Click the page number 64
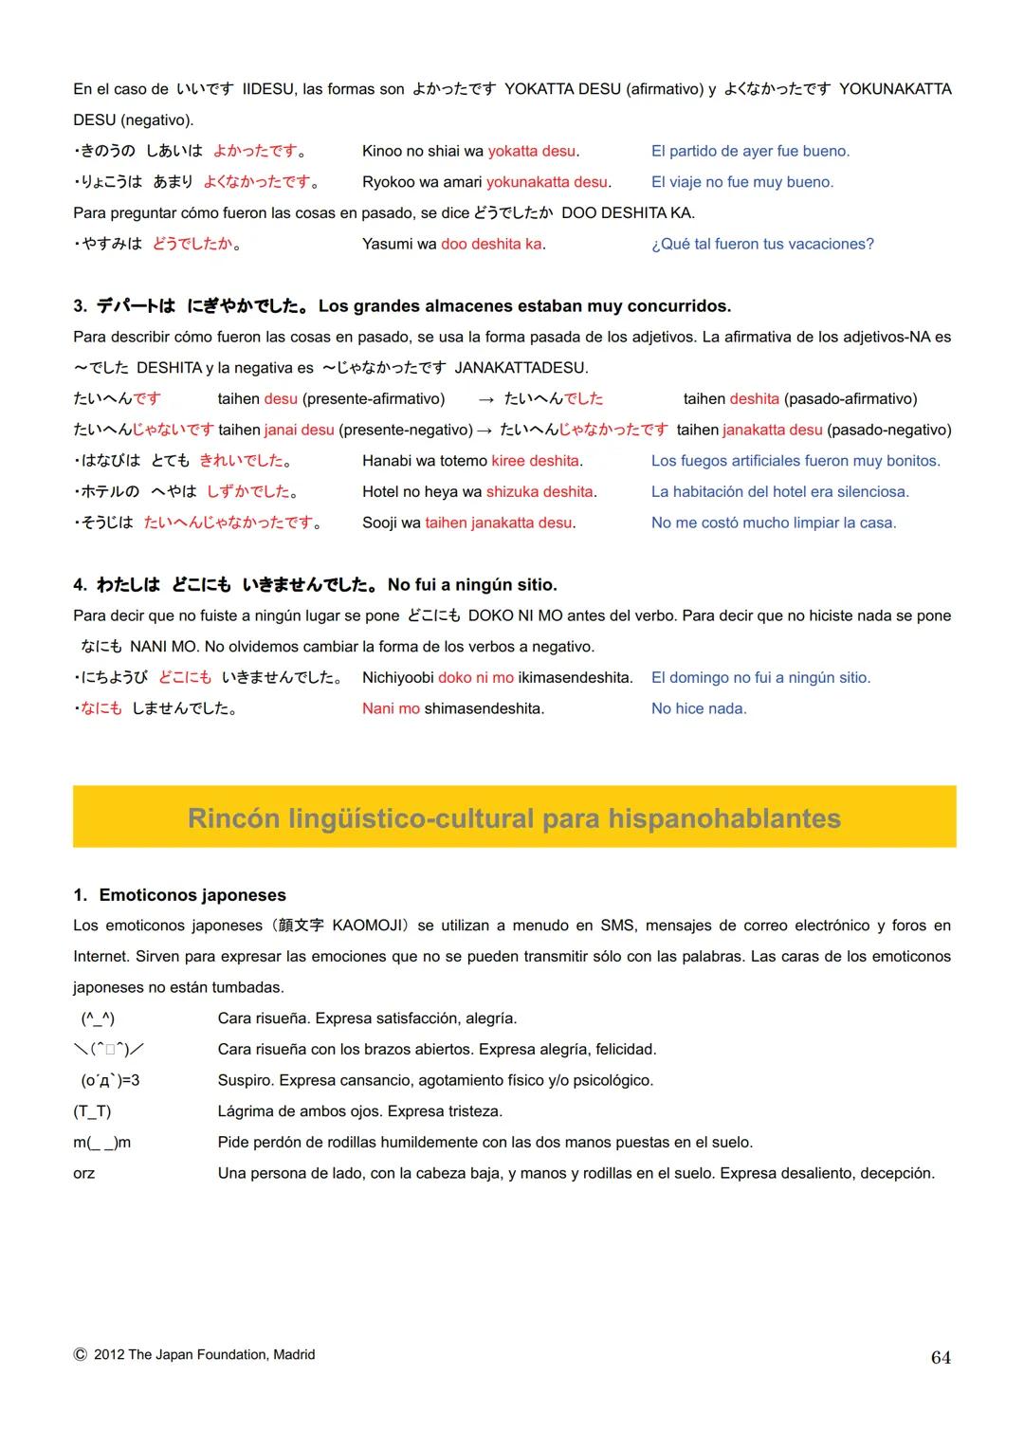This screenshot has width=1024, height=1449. pyautogui.click(x=941, y=1358)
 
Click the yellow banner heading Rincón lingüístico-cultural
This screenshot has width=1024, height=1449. pyautogui.click(x=514, y=818)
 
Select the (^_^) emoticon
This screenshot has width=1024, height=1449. pyautogui.click(x=98, y=1018)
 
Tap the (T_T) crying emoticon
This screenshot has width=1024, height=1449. pyautogui.click(x=92, y=1111)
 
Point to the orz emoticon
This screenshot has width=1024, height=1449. pyautogui.click(x=84, y=1173)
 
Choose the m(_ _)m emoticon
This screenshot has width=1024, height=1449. pyautogui.click(x=102, y=1143)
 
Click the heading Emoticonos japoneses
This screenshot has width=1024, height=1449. pyautogui.click(x=192, y=895)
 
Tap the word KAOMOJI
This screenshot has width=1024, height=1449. pyautogui.click(x=368, y=926)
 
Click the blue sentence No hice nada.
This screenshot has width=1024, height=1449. pyautogui.click(x=699, y=708)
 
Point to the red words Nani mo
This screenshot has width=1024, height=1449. pyautogui.click(x=391, y=708)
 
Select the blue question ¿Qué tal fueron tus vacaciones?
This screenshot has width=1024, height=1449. pyautogui.click(x=762, y=244)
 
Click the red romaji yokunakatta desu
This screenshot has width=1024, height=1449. pyautogui.click(x=548, y=182)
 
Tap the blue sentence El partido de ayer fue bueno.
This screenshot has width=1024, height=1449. pyautogui.click(x=750, y=151)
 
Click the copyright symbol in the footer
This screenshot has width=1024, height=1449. pyautogui.click(x=81, y=1355)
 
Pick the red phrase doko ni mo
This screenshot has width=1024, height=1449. pyautogui.click(x=476, y=677)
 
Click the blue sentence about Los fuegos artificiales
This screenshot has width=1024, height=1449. pyautogui.click(x=795, y=461)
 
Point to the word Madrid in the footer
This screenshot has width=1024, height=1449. pyautogui.click(x=294, y=1355)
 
